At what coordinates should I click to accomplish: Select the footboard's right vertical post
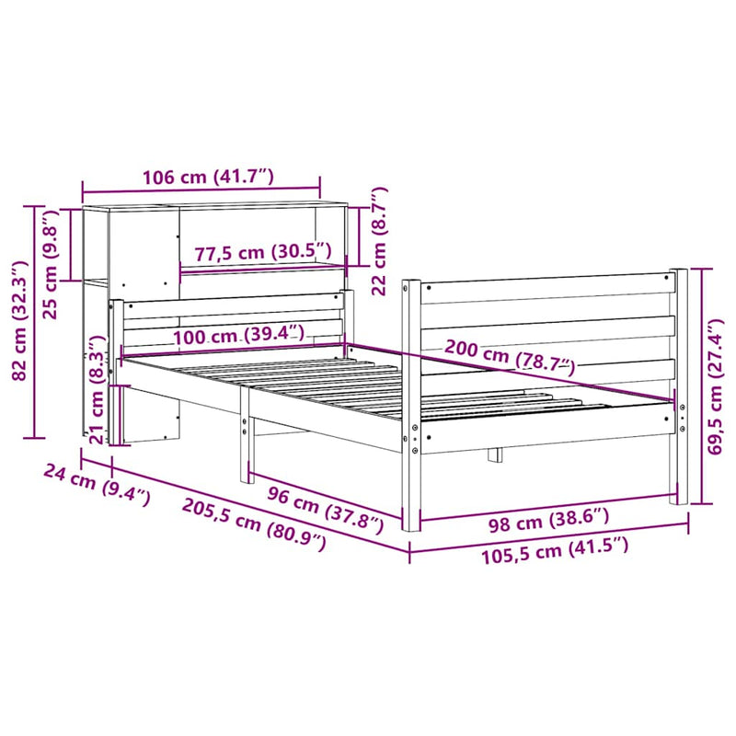(680, 386)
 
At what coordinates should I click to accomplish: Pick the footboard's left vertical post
(411, 405)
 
